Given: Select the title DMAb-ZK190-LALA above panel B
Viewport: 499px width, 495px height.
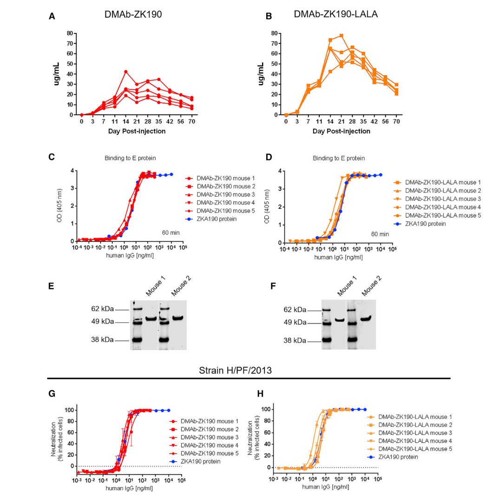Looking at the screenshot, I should [x=336, y=14].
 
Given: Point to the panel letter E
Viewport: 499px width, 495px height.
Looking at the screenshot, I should [x=52, y=285].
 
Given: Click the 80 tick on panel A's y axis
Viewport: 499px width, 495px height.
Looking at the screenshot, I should [x=70, y=33].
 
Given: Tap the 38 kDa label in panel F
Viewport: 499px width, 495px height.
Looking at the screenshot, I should [x=294, y=341].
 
